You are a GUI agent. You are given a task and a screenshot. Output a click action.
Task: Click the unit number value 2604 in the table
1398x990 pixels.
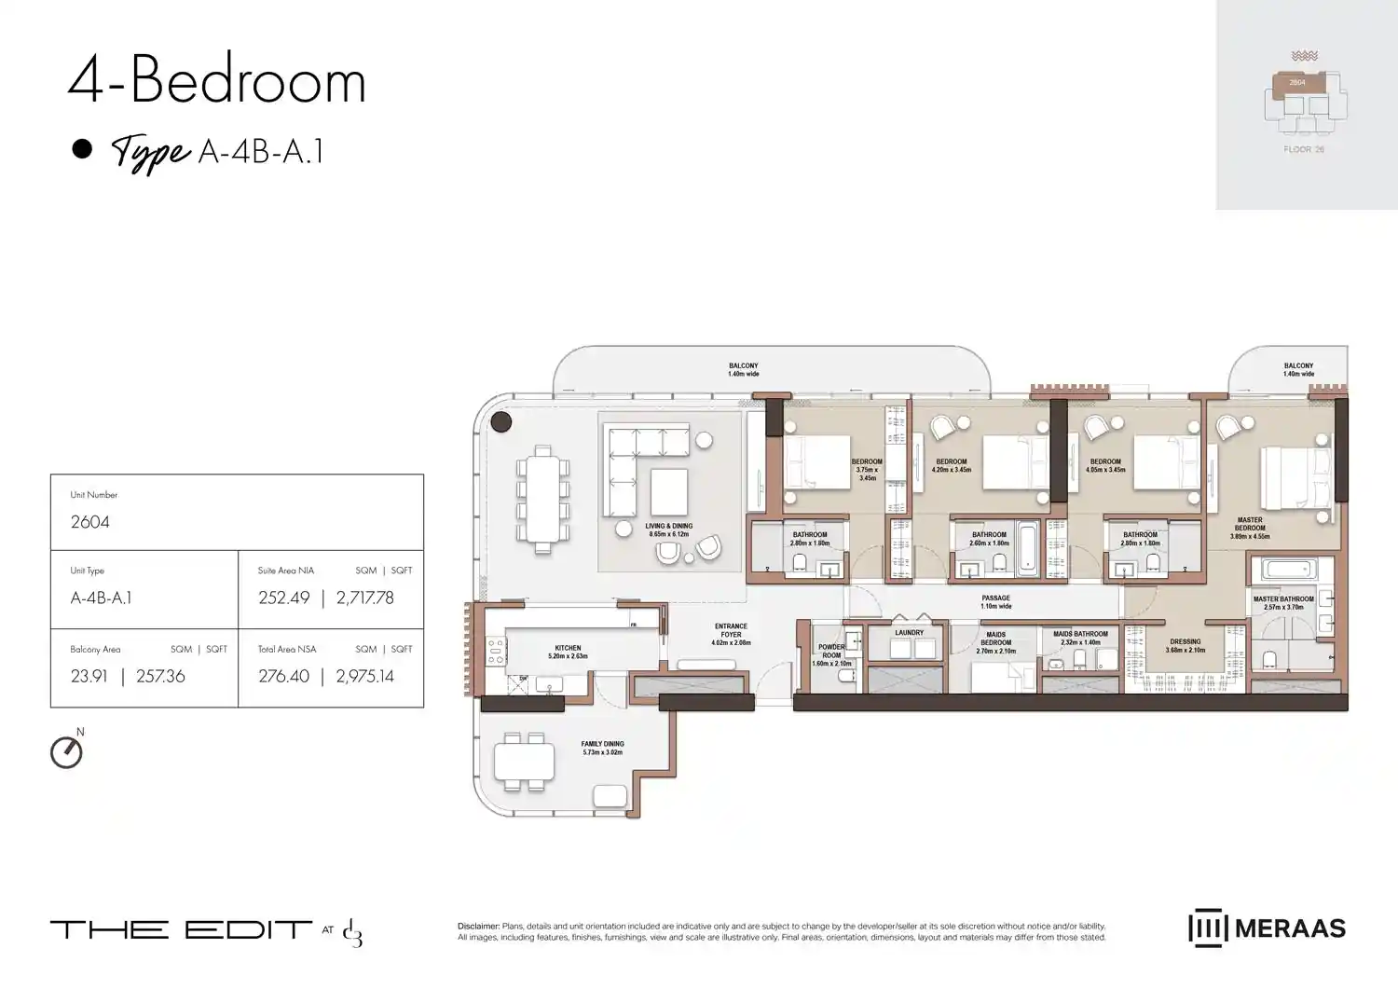tap(90, 522)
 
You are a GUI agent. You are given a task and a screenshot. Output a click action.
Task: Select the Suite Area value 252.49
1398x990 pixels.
tap(283, 598)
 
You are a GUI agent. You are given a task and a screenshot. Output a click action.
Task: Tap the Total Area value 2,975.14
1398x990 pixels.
tap(365, 677)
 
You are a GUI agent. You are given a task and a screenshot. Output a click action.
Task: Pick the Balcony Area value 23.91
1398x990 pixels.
tap(89, 677)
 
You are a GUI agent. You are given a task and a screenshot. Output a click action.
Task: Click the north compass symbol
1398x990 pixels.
tap(66, 751)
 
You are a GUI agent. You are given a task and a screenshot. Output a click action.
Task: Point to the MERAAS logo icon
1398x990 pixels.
tap(1207, 928)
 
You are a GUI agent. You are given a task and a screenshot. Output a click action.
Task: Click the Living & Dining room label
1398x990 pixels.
tap(668, 529)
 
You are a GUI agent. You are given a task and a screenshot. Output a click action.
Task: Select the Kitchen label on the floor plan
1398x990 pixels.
tap(568, 652)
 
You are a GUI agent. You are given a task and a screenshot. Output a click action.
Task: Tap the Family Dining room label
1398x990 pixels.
tap(602, 748)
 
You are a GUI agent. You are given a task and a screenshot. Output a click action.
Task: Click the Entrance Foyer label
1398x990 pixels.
tap(731, 634)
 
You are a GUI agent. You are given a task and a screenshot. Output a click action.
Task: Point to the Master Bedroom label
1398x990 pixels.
tap(1250, 528)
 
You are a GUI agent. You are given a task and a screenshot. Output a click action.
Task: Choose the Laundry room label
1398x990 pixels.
tap(909, 633)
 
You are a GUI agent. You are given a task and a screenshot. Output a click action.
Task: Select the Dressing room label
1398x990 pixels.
tap(1186, 645)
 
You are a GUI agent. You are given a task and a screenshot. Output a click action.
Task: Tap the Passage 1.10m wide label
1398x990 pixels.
tap(995, 602)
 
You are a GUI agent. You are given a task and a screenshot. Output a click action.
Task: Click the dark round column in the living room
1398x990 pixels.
tap(501, 422)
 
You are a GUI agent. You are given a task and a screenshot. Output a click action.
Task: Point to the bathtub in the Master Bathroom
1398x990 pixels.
tap(1283, 570)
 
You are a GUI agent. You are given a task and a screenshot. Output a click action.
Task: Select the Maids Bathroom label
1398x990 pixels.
tap(1080, 638)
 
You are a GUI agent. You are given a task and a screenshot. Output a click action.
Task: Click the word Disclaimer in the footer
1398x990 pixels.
tap(478, 927)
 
